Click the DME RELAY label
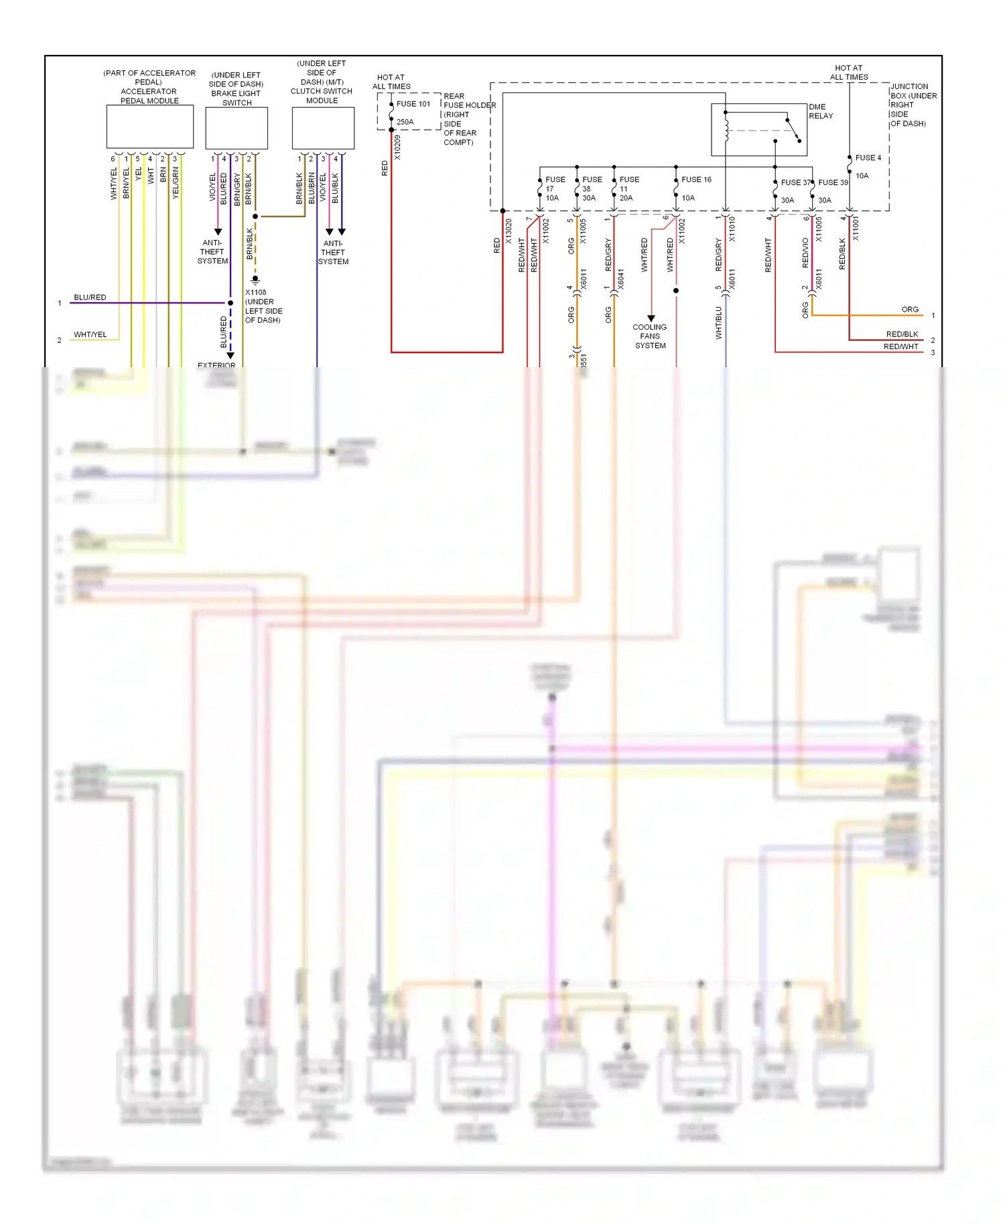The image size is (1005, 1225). (820, 111)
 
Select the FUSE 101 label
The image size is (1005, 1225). (413, 104)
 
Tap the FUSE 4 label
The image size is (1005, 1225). (868, 158)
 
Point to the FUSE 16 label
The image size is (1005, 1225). (696, 180)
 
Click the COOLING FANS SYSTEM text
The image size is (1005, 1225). (649, 336)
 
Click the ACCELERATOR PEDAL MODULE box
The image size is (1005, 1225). (149, 127)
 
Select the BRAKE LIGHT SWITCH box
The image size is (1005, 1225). (236, 128)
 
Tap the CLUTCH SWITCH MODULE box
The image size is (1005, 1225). (322, 128)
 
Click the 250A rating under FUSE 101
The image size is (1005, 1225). (405, 122)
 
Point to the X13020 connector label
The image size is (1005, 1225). (509, 231)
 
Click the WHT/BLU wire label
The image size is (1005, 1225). (719, 323)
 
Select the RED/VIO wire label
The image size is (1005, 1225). (805, 253)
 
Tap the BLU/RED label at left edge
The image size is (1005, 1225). (90, 298)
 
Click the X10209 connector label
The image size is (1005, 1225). (397, 147)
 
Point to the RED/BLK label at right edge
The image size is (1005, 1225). (902, 334)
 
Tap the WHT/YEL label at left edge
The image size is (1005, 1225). (90, 334)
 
